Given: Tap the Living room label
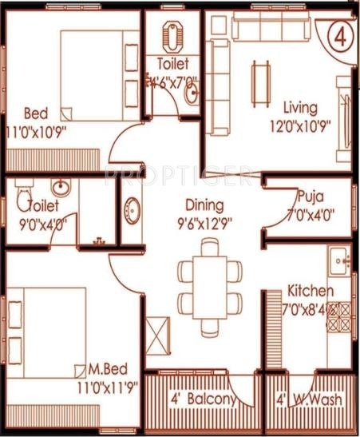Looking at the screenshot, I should pos(300,107).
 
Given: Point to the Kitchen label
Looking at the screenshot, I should pos(311,291).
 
